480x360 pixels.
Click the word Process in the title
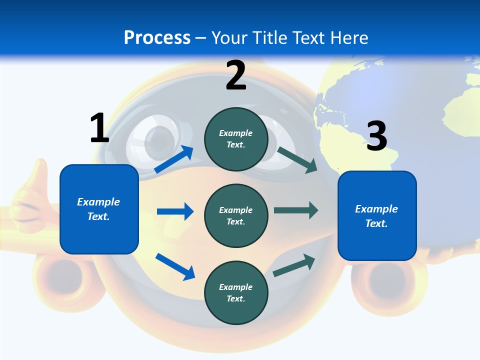[x=157, y=37]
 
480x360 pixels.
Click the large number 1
[x=99, y=128]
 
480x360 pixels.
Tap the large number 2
[x=236, y=75]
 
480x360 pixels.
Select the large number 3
[x=376, y=136]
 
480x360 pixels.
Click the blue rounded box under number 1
[x=99, y=209]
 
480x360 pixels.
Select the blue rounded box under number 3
[x=377, y=215]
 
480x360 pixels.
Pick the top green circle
[x=236, y=139]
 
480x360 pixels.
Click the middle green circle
[x=236, y=215]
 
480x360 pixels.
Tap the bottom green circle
[x=236, y=292]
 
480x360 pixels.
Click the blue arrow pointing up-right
[x=174, y=159]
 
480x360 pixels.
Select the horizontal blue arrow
[x=175, y=211]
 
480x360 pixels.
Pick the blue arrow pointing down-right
[x=175, y=266]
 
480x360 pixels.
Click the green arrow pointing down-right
[x=297, y=160]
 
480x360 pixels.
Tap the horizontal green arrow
[x=295, y=210]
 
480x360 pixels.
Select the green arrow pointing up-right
[x=294, y=265]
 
